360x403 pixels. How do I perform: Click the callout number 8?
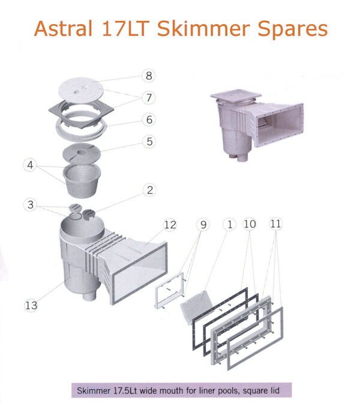tap(149, 76)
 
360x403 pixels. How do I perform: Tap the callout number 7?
tap(149, 97)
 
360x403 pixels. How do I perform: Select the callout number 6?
tap(149, 120)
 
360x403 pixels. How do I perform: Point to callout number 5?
tap(149, 141)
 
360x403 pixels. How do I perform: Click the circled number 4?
tap(30, 165)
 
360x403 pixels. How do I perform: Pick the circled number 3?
tap(31, 205)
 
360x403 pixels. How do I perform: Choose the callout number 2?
tap(150, 190)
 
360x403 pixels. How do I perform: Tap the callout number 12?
tap(170, 225)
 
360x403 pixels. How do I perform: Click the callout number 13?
tap(31, 305)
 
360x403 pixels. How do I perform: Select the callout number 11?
tap(276, 223)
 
